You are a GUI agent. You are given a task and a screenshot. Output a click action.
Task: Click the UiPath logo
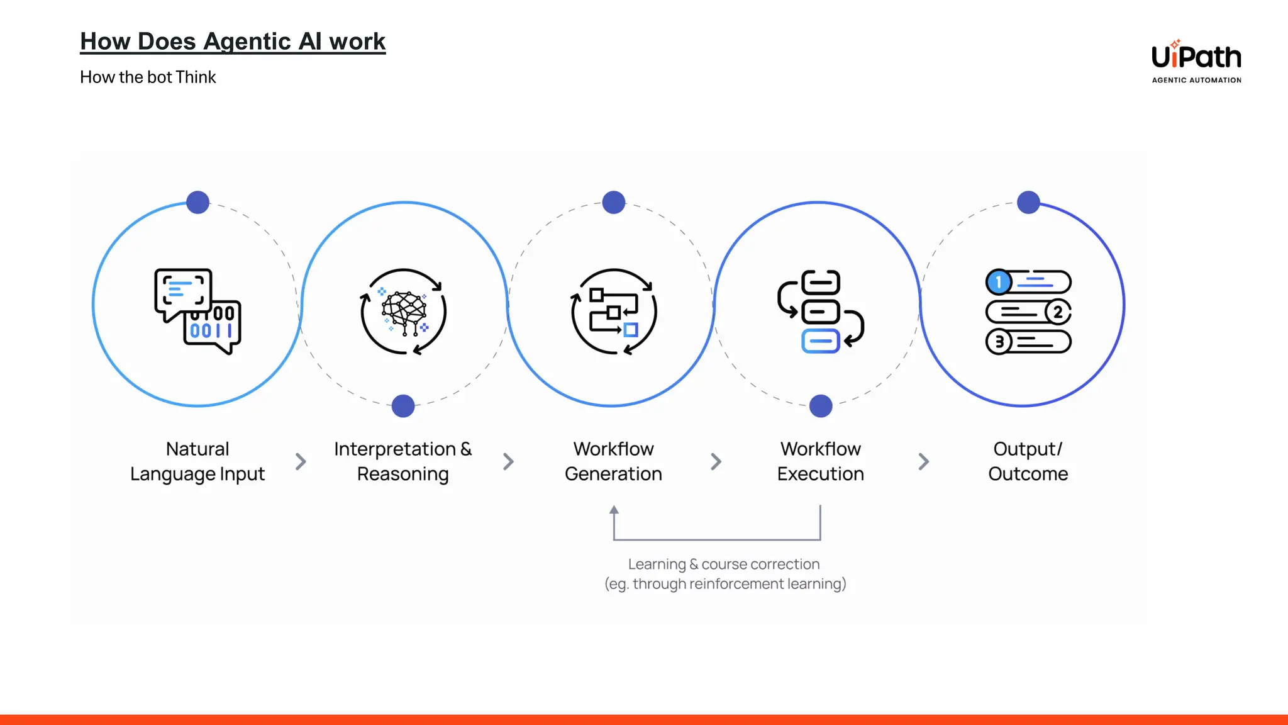pyautogui.click(x=1196, y=61)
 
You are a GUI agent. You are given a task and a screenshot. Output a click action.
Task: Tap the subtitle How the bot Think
pyautogui.click(x=148, y=77)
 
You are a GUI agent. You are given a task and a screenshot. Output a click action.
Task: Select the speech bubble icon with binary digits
pyautogui.click(x=197, y=312)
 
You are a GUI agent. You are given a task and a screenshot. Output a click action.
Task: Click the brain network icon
pyautogui.click(x=404, y=312)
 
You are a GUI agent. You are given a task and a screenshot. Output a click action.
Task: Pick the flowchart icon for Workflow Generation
pyautogui.click(x=614, y=312)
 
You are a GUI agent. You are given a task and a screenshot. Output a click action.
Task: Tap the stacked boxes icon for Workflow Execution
pyautogui.click(x=821, y=312)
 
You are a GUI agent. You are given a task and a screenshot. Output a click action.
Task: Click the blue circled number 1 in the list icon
pyautogui.click(x=998, y=282)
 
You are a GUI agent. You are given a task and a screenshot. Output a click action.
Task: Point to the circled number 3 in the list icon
pyautogui.click(x=999, y=342)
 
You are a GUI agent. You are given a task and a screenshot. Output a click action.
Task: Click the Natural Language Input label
pyautogui.click(x=197, y=461)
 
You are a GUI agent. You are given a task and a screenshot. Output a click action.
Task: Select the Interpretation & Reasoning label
pyautogui.click(x=403, y=461)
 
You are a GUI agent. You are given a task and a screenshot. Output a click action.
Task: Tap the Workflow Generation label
pyautogui.click(x=614, y=461)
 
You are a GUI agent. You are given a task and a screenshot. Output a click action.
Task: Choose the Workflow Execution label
pyautogui.click(x=821, y=461)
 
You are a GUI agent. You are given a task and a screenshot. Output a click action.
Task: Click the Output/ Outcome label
pyautogui.click(x=1028, y=461)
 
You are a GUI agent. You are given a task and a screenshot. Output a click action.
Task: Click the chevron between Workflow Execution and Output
pyautogui.click(x=923, y=461)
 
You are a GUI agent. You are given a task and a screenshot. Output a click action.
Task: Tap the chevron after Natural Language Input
pyautogui.click(x=301, y=461)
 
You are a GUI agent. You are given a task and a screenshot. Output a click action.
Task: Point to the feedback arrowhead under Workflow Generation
pyautogui.click(x=614, y=510)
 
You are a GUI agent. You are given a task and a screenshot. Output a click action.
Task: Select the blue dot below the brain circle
pyautogui.click(x=403, y=406)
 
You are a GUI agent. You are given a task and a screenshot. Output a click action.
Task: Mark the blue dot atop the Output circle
pyautogui.click(x=1028, y=203)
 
